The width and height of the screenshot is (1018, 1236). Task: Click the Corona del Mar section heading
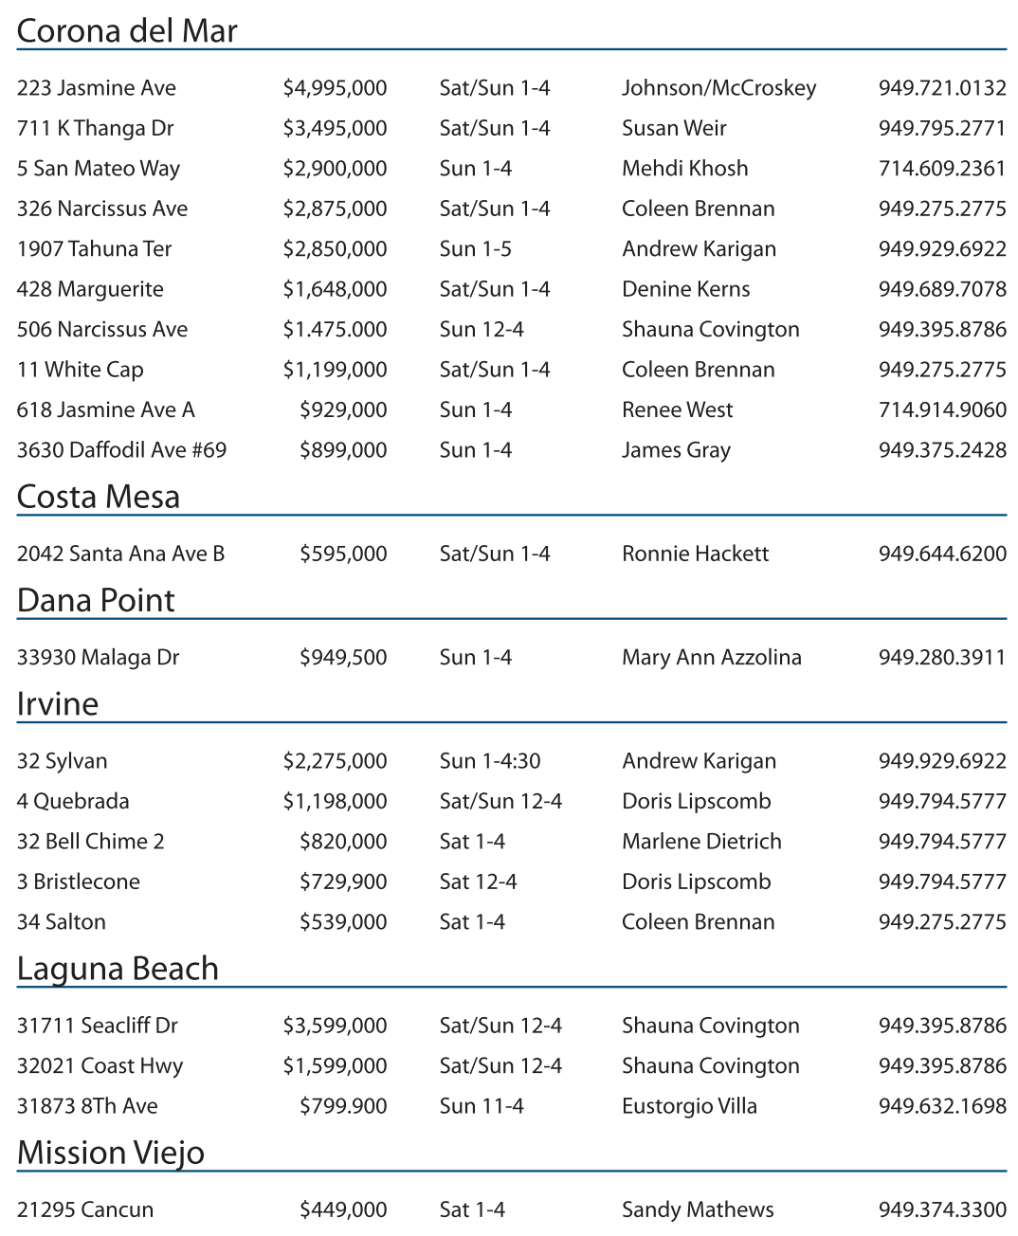tap(127, 31)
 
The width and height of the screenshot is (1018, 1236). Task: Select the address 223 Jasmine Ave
tap(97, 88)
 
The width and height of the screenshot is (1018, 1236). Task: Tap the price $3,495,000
tap(335, 128)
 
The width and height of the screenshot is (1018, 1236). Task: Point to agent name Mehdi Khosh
tap(684, 169)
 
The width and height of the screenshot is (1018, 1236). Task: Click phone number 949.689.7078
tap(941, 289)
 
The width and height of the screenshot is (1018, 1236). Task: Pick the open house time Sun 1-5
tap(475, 249)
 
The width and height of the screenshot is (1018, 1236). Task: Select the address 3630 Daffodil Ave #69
tap(121, 450)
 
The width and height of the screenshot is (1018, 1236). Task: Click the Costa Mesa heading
tap(98, 497)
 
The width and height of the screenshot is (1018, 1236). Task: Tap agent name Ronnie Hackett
tap(695, 554)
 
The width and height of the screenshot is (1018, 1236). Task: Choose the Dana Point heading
tap(96, 600)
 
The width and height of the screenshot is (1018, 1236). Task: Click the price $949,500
tap(343, 658)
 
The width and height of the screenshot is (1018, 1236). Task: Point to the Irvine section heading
tap(58, 704)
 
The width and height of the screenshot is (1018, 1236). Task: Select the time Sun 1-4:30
tap(489, 761)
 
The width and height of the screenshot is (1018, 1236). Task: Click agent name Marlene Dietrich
tap(701, 842)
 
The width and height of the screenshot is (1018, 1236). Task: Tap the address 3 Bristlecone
tap(78, 882)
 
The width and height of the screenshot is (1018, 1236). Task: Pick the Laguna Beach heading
tap(118, 969)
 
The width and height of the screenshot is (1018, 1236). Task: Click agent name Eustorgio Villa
tap(689, 1106)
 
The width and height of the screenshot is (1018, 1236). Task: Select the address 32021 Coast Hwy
tap(100, 1066)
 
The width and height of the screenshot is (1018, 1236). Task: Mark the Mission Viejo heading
tap(111, 1153)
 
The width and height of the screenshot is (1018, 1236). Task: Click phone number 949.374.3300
tap(941, 1209)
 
